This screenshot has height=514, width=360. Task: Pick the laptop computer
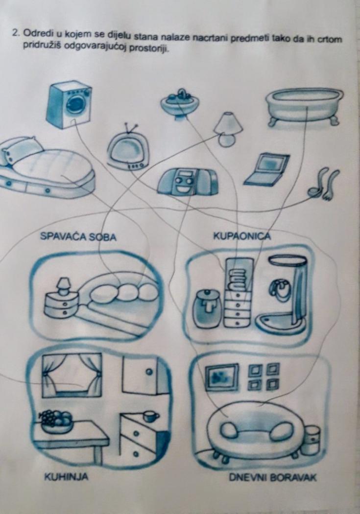pyautogui.click(x=266, y=169)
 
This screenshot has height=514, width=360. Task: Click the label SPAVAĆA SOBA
pyautogui.click(x=78, y=236)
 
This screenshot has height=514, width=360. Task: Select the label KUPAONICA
pyautogui.click(x=242, y=235)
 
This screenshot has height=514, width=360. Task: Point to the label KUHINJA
pyautogui.click(x=67, y=476)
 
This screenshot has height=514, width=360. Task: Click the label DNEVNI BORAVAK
pyautogui.click(x=273, y=477)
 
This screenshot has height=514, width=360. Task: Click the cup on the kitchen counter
pyautogui.click(x=151, y=416)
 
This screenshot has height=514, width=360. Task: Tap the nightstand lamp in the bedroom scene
pyautogui.click(x=63, y=286)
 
